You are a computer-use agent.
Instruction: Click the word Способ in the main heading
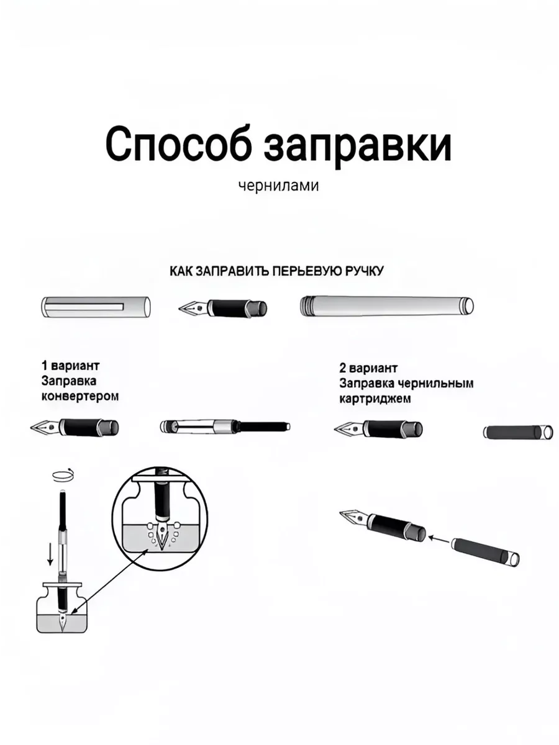point(180,144)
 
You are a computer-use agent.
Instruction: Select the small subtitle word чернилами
point(279,186)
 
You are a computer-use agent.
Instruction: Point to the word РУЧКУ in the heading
point(365,271)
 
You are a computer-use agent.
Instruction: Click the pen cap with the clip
point(96,307)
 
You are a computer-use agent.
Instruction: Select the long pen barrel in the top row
point(387,307)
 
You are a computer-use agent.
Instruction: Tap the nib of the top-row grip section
point(193,308)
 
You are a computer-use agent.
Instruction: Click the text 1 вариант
point(71,366)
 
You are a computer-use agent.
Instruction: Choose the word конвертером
point(80,397)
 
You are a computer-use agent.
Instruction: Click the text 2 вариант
point(368,368)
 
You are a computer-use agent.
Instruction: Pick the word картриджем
point(375,399)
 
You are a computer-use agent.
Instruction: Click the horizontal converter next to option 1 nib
point(225,427)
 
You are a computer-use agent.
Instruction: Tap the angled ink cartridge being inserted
point(485,551)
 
